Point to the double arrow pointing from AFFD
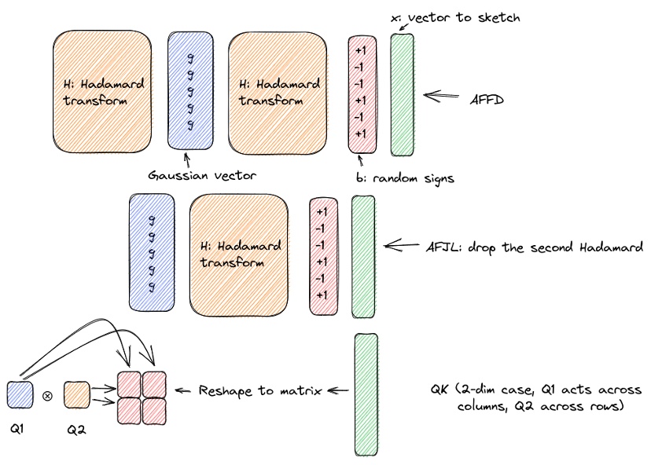pos(443,96)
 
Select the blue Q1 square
pos(20,392)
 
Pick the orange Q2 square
pos(76,392)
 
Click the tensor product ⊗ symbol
pos(47,395)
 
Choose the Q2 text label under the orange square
pos(75,430)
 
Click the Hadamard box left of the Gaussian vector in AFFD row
pos(101,91)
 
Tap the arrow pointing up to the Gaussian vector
pos(186,159)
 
